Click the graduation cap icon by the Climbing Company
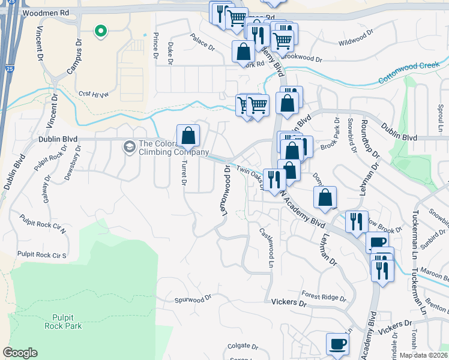(x=129, y=146)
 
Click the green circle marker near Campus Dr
(x=101, y=31)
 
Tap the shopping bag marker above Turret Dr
(x=188, y=135)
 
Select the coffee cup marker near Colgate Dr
(x=337, y=344)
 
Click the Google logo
(x=20, y=353)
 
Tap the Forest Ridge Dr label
(x=324, y=296)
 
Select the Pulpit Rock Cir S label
(x=42, y=254)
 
